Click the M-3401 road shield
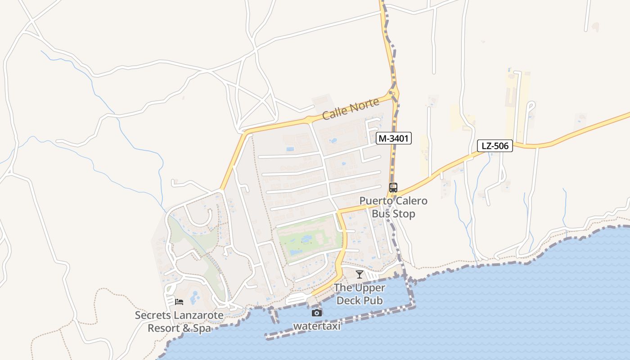click(394, 139)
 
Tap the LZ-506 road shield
click(495, 146)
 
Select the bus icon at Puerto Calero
click(393, 188)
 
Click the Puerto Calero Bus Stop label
click(393, 207)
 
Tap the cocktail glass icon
click(359, 274)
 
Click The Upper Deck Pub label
click(360, 294)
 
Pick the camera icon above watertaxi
click(317, 313)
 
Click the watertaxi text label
click(317, 326)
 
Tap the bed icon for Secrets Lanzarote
click(179, 302)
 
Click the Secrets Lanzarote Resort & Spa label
click(179, 322)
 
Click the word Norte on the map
click(363, 105)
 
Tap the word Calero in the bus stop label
click(411, 201)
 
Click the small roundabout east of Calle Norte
click(394, 94)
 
